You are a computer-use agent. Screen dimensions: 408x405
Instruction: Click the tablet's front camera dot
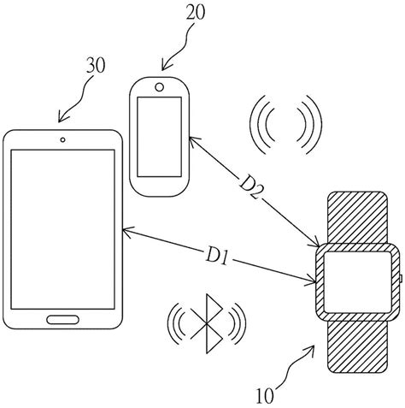click(x=64, y=139)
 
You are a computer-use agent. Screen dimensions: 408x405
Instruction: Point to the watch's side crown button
click(x=400, y=278)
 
